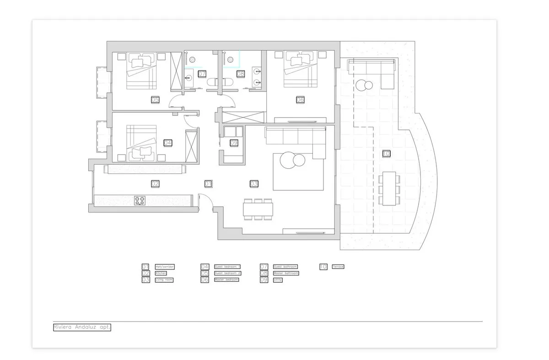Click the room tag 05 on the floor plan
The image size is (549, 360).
point(155,99)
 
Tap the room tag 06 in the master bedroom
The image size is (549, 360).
point(300,99)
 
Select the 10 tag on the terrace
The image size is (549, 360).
point(386,154)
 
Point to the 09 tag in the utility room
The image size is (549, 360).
point(234,143)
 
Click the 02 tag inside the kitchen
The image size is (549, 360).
point(155,184)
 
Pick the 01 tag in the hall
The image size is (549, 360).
point(208,184)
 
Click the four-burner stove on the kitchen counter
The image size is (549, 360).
point(140,200)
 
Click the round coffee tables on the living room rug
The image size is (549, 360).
point(291,160)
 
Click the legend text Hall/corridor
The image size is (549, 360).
point(165,267)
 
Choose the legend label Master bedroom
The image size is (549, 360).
point(226,279)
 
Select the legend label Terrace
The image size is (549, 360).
point(338,267)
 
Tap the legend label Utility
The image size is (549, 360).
point(278,279)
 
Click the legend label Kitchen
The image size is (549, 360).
point(161,273)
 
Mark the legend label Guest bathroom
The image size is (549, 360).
point(285,267)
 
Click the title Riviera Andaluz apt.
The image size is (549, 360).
point(82,328)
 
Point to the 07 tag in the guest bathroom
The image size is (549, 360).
point(202,74)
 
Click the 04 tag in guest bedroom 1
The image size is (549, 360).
point(168,143)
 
